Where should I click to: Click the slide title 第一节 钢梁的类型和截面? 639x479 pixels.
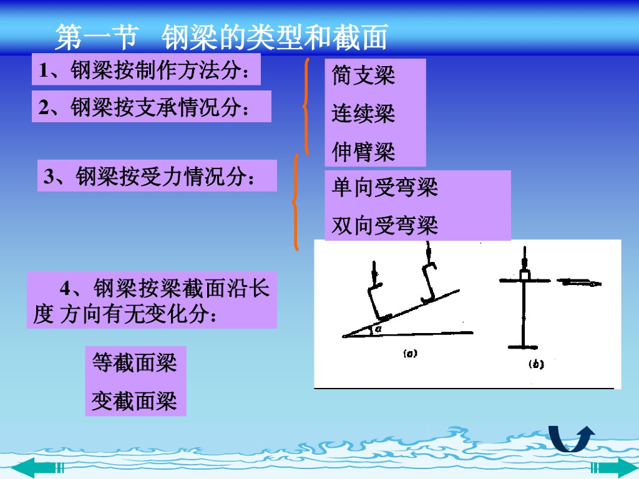tap(222, 37)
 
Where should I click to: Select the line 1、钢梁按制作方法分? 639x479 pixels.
tap(144, 70)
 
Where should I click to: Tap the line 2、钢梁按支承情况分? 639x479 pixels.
tap(144, 107)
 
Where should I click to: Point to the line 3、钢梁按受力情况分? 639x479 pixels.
tap(149, 177)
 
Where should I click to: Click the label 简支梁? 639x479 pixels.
tap(363, 75)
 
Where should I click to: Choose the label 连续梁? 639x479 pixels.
tap(363, 114)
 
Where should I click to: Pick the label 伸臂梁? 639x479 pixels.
tap(363, 152)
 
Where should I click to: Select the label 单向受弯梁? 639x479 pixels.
tap(384, 187)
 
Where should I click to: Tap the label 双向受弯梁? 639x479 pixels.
tap(384, 225)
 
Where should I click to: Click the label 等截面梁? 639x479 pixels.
tap(135, 362)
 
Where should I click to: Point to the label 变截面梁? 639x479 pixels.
tap(135, 401)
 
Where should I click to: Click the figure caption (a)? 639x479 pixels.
tap(410, 353)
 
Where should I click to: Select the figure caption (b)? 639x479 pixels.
tap(536, 364)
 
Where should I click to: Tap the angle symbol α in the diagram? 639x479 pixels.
tap(378, 328)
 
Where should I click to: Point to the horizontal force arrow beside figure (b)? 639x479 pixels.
tap(579, 282)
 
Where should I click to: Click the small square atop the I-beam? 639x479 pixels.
tap(524, 275)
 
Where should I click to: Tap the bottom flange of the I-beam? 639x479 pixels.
tap(523, 347)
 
